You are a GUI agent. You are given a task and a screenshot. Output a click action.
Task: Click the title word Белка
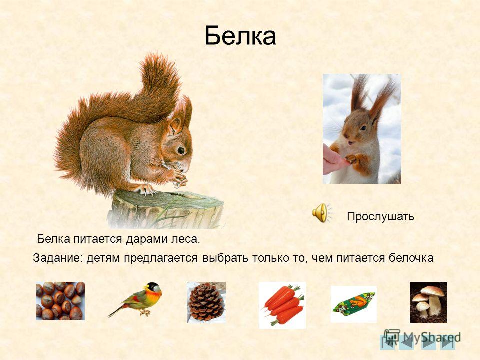point(240,36)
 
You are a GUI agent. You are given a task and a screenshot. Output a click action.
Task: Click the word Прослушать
point(380,216)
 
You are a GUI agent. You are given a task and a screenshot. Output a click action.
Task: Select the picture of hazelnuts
point(60,301)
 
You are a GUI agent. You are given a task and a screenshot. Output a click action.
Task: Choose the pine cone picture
point(206,302)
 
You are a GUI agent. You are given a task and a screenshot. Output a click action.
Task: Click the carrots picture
point(282,305)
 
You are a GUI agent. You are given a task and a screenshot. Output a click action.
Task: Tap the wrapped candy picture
point(354,304)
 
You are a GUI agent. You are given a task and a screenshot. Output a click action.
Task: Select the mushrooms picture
point(428,302)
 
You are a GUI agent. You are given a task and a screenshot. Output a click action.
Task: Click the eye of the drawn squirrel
point(181,150)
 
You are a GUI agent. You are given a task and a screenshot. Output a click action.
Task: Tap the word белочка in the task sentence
point(411,258)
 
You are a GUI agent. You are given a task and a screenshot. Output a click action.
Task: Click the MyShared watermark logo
point(422,337)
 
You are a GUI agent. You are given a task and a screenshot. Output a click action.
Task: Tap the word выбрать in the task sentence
point(225,258)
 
